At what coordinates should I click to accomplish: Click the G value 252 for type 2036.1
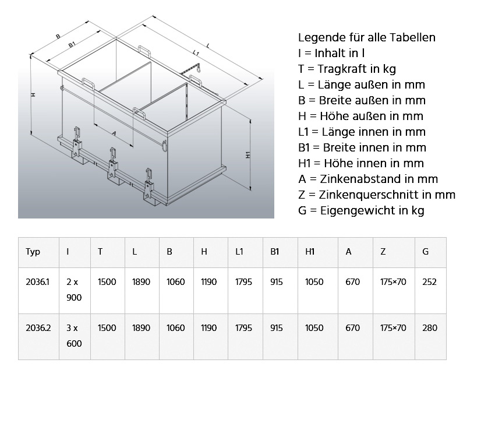tap(430, 282)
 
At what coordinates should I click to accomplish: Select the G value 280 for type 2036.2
tap(430, 328)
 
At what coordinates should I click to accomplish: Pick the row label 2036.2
tap(38, 328)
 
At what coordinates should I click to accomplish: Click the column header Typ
tap(33, 252)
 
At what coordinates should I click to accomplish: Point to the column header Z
tap(383, 252)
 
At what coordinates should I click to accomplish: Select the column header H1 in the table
tap(310, 252)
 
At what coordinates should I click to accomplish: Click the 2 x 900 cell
tap(74, 290)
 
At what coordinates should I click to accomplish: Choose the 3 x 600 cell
tap(74, 336)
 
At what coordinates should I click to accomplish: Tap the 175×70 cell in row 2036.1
tap(393, 282)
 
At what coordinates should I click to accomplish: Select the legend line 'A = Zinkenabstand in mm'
tap(368, 179)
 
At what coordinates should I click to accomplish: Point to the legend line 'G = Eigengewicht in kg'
tap(361, 210)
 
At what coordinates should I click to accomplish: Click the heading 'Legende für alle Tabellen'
tap(367, 38)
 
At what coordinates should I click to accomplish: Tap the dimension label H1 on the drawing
tap(248, 155)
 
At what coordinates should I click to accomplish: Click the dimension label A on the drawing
tap(114, 133)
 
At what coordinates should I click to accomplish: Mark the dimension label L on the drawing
tap(208, 45)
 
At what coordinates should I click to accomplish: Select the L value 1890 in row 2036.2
tap(141, 328)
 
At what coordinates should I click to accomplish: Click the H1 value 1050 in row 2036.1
tap(314, 282)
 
